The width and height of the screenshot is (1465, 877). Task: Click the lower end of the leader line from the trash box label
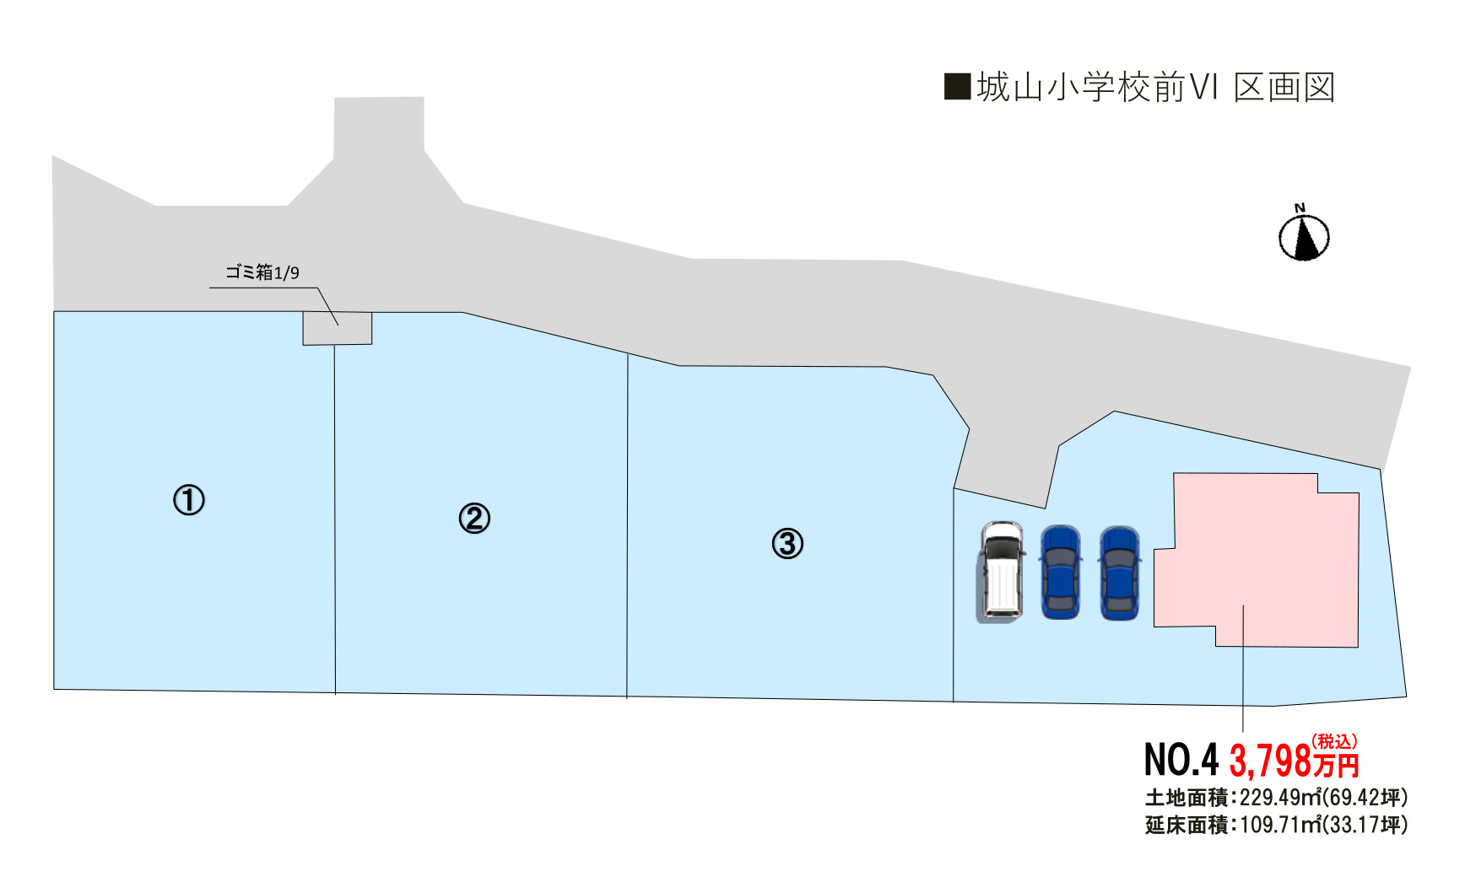tap(338, 326)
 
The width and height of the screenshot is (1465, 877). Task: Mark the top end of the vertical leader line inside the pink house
tap(1243, 605)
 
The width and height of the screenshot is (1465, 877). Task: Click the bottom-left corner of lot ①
tap(54, 689)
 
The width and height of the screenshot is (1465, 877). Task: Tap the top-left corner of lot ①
tap(54, 312)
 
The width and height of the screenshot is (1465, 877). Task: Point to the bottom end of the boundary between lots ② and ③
tap(627, 698)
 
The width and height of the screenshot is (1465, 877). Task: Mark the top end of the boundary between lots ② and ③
tap(628, 354)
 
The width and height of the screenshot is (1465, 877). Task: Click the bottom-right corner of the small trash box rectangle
tap(371, 343)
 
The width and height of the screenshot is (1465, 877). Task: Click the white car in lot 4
tap(1002, 571)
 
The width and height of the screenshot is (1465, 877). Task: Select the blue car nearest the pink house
tap(1120, 573)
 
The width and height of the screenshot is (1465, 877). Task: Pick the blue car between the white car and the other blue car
tap(1061, 573)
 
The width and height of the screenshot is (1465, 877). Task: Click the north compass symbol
tap(1304, 234)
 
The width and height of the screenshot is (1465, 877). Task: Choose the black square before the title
tap(957, 87)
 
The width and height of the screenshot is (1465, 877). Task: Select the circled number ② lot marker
tap(474, 518)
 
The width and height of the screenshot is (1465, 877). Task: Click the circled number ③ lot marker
tap(787, 543)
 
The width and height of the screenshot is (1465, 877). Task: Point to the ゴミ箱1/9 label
tap(262, 272)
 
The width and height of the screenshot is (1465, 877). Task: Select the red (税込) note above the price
tap(1334, 741)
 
